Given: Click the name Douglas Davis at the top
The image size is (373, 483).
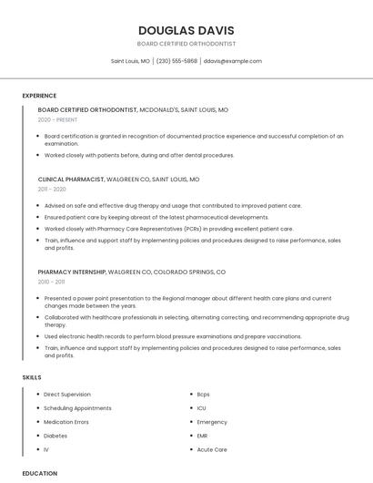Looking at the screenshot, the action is click(186, 30).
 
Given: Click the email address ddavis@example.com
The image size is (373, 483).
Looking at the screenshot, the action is click(232, 61).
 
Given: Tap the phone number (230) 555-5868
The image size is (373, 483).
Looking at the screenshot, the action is click(176, 61).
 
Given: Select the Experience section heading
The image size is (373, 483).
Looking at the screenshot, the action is click(39, 96).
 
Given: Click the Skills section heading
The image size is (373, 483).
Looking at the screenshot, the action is click(32, 377).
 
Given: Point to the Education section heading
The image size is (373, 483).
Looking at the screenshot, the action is click(40, 473).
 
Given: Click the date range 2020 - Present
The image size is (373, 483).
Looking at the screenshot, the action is click(57, 119).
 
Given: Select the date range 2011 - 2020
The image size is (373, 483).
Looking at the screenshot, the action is click(52, 189).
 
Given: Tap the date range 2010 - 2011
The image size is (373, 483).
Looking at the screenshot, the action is click(51, 282).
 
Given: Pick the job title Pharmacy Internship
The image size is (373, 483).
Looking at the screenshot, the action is click(72, 272).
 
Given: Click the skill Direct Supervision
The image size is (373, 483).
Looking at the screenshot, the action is click(67, 395).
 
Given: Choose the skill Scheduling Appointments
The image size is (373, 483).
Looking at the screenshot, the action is click(77, 408).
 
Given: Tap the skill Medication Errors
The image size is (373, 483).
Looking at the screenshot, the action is click(66, 422).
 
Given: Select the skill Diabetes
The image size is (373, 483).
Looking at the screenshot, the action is click(55, 436).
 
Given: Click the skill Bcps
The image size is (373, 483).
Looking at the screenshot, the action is click(203, 395).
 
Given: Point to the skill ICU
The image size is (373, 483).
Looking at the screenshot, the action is click(201, 408).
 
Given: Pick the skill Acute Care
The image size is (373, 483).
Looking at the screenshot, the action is click(212, 449).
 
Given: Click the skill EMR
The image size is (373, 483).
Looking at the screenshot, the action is click(203, 436).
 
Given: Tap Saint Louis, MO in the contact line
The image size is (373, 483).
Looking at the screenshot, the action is click(130, 61).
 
